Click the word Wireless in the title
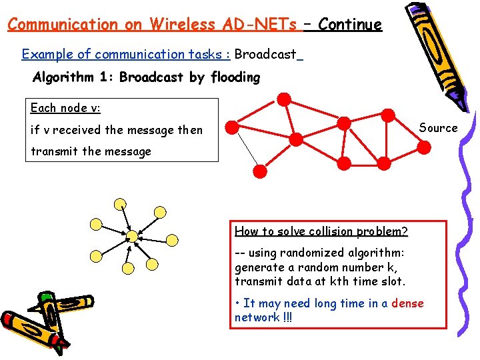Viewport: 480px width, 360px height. [175, 25]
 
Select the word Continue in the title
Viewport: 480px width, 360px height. [350, 25]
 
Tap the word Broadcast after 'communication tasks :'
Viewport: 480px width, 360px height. [265, 54]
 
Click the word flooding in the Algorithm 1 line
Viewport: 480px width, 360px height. [235, 77]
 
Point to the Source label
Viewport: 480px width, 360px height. [438, 128]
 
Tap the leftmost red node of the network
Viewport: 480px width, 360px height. [231, 126]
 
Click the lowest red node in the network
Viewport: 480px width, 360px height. [261, 171]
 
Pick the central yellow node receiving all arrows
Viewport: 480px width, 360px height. [132, 235]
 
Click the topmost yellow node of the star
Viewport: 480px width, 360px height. [119, 204]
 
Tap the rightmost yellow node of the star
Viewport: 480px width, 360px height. [172, 239]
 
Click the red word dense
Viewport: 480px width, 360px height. [407, 303]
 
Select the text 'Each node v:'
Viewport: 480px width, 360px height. [65, 107]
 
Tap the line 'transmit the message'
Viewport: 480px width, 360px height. [91, 151]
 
